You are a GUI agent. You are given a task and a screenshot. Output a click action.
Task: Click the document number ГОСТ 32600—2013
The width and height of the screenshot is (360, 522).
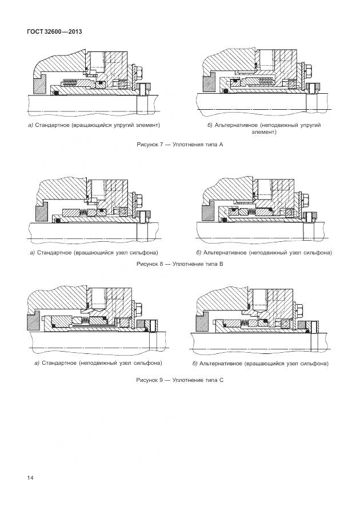(54, 31)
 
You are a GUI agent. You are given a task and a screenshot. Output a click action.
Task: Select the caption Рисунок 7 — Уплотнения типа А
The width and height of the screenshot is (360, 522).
(179, 145)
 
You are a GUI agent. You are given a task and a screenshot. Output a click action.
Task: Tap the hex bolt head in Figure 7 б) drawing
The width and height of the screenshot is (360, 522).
(305, 71)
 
